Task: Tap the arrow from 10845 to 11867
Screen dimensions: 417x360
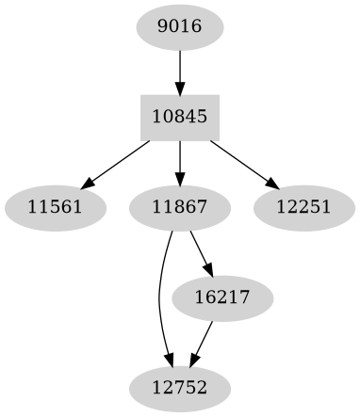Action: click(x=179, y=161)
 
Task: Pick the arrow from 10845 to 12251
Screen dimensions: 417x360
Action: click(x=242, y=161)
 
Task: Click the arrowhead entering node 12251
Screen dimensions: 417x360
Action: click(x=271, y=183)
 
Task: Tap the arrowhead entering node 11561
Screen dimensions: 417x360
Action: click(x=87, y=183)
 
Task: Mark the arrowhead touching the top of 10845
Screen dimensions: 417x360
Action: click(x=179, y=88)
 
